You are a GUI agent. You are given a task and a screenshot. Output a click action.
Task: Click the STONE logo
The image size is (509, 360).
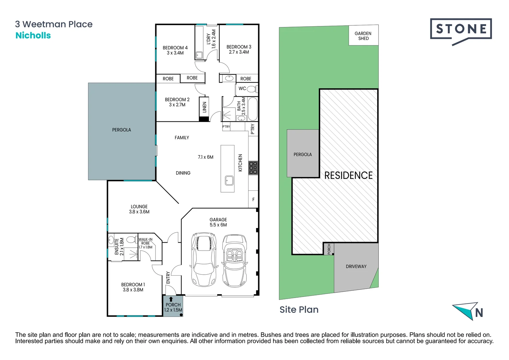461,32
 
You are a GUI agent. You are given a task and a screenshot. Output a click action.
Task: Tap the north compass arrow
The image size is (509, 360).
465,310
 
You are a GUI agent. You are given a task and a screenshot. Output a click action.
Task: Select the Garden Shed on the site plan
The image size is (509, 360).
363,35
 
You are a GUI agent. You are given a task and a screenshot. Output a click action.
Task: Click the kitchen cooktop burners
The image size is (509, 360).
253,168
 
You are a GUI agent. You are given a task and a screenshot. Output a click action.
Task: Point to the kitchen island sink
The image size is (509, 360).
229,181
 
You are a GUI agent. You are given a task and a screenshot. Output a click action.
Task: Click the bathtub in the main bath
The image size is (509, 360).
253,109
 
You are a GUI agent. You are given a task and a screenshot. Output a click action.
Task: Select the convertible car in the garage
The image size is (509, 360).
235,261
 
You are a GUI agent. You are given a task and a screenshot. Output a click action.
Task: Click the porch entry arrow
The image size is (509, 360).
171,299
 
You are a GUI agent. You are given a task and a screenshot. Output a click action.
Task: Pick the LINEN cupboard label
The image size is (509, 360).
205,107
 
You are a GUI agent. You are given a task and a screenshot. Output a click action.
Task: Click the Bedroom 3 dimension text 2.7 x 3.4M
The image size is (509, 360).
239,52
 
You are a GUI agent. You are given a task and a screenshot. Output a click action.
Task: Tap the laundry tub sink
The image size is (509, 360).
199,55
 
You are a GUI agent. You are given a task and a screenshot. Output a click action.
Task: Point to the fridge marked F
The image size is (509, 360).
254,199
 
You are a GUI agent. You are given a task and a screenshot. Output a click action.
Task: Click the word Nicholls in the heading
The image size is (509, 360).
33,35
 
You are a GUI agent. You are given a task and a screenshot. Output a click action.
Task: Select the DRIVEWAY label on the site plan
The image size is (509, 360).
356,266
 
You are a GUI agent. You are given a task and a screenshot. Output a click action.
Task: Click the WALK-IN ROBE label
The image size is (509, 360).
146,241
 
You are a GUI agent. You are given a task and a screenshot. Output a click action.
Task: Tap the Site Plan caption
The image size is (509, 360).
299,310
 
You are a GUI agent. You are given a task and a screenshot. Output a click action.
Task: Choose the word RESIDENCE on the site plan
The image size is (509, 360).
348,176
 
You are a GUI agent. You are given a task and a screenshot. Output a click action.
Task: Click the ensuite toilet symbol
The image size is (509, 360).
131,239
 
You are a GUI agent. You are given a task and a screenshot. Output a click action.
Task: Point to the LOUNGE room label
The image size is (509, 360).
139,206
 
